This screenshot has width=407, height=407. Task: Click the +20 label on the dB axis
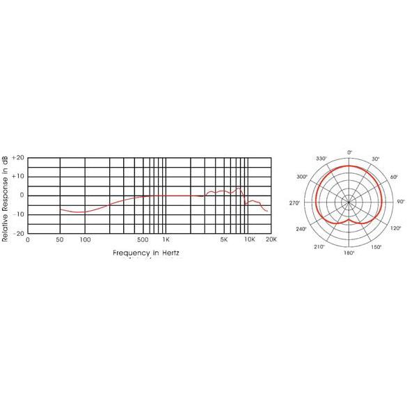click(x=18, y=158)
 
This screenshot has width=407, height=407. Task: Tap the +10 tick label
click(x=18, y=177)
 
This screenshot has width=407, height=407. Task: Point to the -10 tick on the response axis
click(x=18, y=214)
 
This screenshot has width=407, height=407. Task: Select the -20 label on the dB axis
click(x=18, y=233)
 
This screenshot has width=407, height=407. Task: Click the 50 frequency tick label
click(x=60, y=239)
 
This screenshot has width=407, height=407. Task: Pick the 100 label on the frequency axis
click(x=85, y=239)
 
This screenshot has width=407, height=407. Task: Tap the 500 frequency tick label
click(x=143, y=239)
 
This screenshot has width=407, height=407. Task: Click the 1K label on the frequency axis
click(x=166, y=239)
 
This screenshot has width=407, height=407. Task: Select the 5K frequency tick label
click(x=224, y=239)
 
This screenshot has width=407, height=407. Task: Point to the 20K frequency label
click(x=271, y=239)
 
